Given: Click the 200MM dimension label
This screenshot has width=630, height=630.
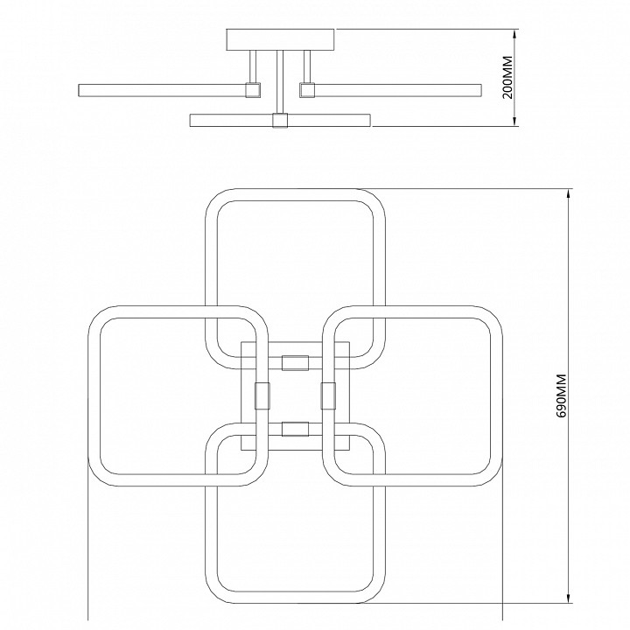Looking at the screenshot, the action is pyautogui.click(x=507, y=77).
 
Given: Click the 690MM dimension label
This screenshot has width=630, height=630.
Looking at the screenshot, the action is pyautogui.click(x=561, y=395).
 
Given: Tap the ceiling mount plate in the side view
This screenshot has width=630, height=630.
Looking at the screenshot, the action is pyautogui.click(x=280, y=39).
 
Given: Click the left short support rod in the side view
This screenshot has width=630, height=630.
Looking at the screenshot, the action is pyautogui.click(x=253, y=66).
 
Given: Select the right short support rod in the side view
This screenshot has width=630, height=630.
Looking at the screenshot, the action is pyautogui.click(x=307, y=66).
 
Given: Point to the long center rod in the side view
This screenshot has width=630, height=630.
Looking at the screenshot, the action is pyautogui.click(x=280, y=82).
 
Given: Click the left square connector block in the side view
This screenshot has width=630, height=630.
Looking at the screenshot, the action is pyautogui.click(x=253, y=89).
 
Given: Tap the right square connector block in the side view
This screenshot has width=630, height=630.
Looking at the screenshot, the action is pyautogui.click(x=306, y=89).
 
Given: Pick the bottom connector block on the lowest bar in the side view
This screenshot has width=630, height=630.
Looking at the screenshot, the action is pyautogui.click(x=280, y=121).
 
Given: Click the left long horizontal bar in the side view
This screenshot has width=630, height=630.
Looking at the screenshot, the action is pyautogui.click(x=163, y=90).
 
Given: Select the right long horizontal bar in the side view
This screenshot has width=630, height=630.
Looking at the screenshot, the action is pyautogui.click(x=398, y=90).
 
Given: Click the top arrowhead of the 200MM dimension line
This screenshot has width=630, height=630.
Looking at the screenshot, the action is pyautogui.click(x=515, y=34).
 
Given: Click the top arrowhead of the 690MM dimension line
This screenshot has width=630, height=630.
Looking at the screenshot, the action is pyautogui.click(x=569, y=194).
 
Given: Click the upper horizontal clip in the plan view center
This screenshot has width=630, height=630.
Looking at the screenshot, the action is pyautogui.click(x=296, y=363).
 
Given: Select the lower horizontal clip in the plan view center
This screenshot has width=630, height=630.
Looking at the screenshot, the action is pyautogui.click(x=296, y=429).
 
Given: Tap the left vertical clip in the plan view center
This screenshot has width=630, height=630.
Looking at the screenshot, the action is pyautogui.click(x=262, y=395).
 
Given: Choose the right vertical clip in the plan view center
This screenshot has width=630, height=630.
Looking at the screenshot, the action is pyautogui.click(x=328, y=395).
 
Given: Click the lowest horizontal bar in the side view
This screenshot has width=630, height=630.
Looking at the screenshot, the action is pyautogui.click(x=280, y=121).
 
